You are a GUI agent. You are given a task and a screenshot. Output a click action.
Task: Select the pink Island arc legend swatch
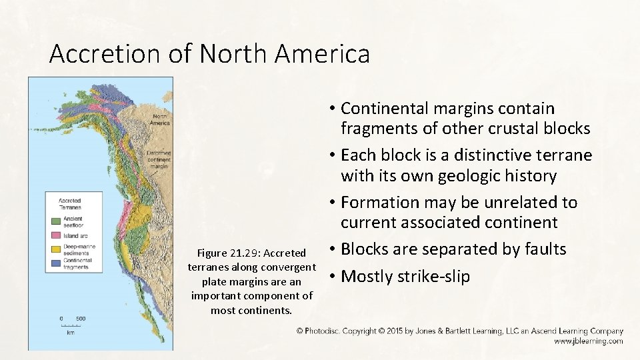52,235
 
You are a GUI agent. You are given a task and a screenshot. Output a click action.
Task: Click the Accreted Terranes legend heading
70,203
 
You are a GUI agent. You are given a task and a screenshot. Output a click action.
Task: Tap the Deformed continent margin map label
159,159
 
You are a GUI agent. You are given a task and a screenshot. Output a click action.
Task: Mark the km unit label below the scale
71,332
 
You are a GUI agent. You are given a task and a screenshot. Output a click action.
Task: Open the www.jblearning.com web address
588,341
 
